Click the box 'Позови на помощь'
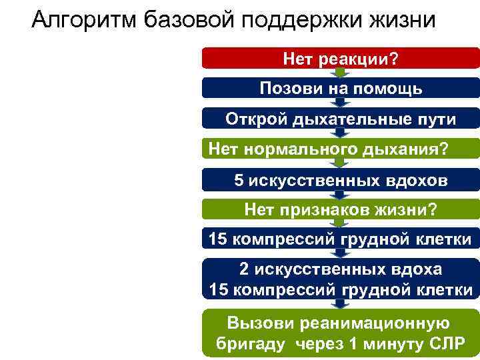pyautogui.click(x=341, y=89)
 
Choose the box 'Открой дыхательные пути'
pyautogui.click(x=341, y=119)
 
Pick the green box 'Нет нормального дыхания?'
pyautogui.click(x=341, y=149)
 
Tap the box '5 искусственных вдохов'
pyautogui.click(x=341, y=181)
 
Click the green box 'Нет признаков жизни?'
pyautogui.click(x=341, y=211)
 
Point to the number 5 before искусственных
pyautogui.click(x=239, y=181)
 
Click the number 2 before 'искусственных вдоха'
pyautogui.click(x=245, y=269)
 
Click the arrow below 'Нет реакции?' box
pyautogui.click(x=341, y=73)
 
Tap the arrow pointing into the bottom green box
pyautogui.click(x=341, y=303)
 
